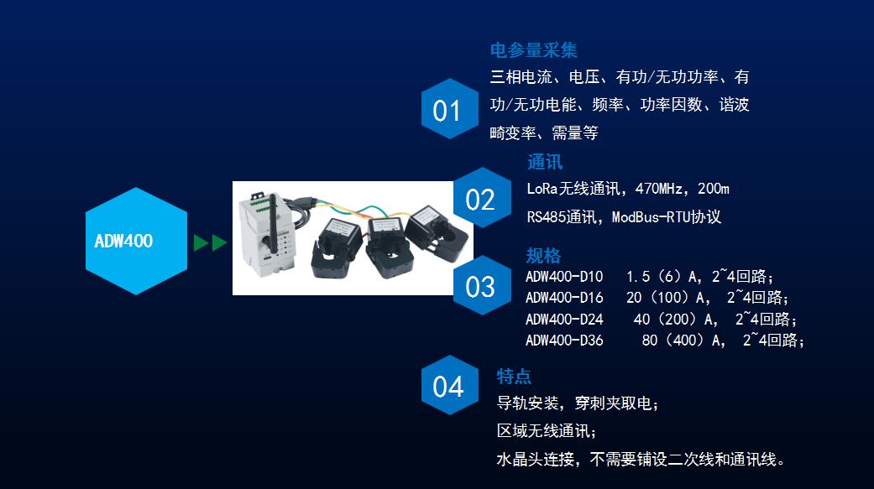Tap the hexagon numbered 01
click(449, 108)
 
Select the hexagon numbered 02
click(482, 198)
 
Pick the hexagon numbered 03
click(482, 285)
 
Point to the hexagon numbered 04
click(449, 385)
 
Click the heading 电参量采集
click(533, 50)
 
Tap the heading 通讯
click(545, 162)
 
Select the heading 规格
click(543, 255)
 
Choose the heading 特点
click(514, 376)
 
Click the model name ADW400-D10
click(564, 276)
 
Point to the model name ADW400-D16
click(564, 298)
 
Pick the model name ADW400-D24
click(564, 319)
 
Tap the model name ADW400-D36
click(564, 341)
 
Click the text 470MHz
click(658, 189)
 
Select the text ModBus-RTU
click(651, 217)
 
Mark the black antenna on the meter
click(273, 225)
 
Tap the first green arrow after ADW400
click(201, 243)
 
